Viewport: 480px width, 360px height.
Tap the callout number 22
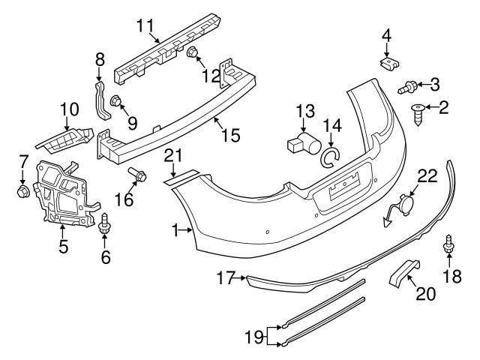coord(426,175)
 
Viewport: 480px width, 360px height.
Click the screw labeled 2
coord(417,112)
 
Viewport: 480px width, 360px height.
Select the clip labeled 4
coord(386,62)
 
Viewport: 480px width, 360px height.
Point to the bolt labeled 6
coord(105,223)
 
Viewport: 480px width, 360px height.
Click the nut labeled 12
coord(192,52)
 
